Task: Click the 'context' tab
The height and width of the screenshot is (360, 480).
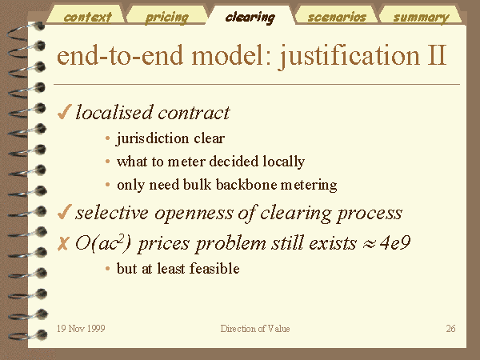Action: click(87, 17)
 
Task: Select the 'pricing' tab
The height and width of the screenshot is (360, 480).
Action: click(167, 18)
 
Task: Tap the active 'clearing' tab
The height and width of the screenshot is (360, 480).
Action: click(250, 18)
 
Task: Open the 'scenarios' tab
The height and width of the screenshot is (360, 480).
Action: click(337, 17)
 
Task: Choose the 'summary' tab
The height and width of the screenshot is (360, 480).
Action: click(422, 18)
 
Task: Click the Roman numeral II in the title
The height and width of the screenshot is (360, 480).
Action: click(437, 55)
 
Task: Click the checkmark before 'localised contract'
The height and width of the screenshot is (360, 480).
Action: click(64, 111)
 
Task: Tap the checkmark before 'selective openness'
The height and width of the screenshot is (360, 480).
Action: click(64, 212)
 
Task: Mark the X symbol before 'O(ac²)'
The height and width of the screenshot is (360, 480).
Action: click(63, 244)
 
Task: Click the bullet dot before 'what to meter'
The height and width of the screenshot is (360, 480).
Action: click(107, 162)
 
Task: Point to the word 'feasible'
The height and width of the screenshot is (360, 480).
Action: click(214, 269)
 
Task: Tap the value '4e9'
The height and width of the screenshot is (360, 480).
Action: click(395, 243)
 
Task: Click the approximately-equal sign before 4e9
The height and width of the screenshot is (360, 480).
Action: click(368, 244)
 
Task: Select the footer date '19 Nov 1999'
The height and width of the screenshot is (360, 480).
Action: click(81, 329)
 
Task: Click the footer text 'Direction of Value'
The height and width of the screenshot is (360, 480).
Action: click(255, 329)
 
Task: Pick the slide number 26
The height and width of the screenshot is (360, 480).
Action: click(450, 329)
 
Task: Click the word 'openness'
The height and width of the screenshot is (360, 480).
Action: click(194, 213)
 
